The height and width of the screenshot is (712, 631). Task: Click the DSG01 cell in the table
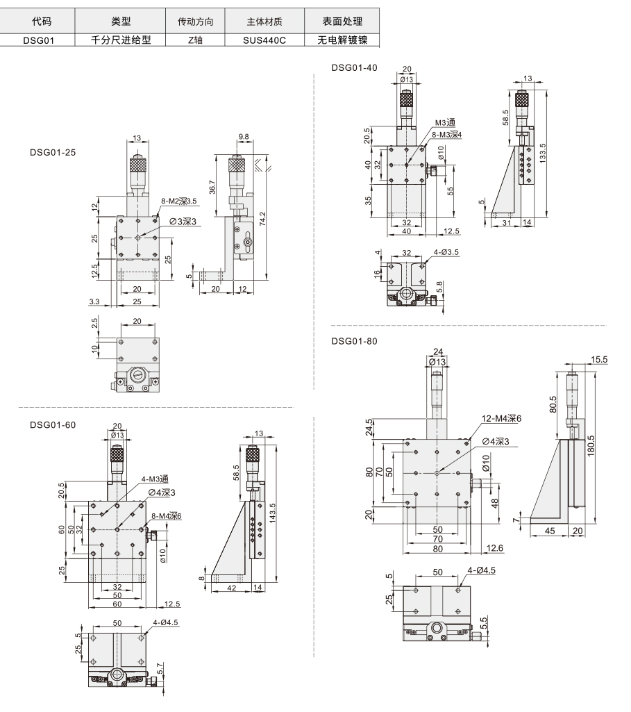[39, 40]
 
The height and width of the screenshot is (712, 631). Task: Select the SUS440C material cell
[264, 40]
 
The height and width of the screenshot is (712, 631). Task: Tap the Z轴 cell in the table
[195, 40]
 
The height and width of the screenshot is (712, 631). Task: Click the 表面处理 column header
[342, 22]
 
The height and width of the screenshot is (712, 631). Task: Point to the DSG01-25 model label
[53, 153]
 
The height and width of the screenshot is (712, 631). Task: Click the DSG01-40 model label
[354, 67]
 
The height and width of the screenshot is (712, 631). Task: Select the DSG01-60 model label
[53, 425]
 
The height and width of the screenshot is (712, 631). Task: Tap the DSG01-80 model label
[354, 341]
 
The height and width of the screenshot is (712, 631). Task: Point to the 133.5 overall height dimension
[543, 154]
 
